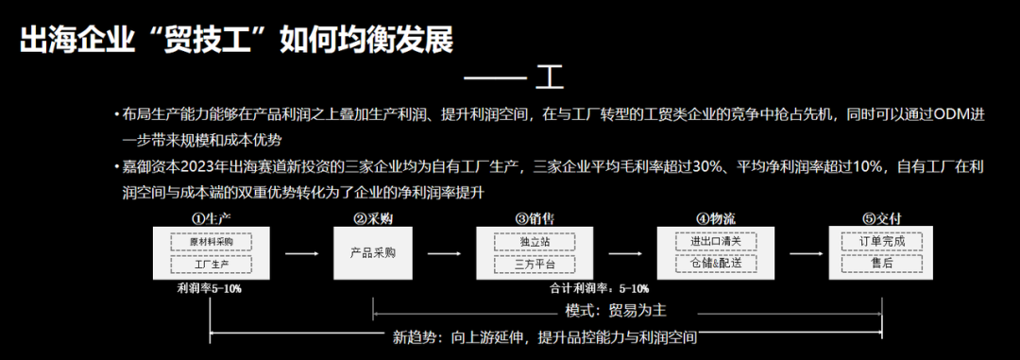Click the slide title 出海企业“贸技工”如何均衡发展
coord(236,40)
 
